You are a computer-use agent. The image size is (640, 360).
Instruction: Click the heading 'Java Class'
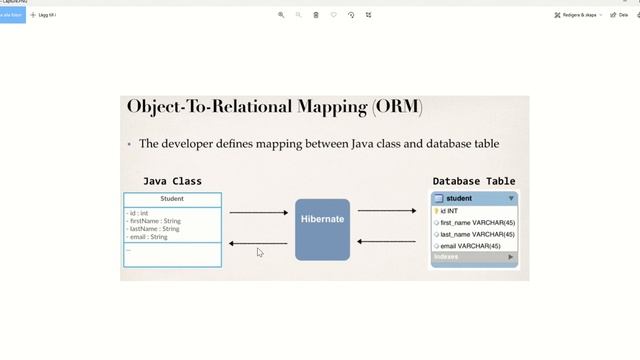point(172,181)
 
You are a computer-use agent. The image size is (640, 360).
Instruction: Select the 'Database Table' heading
point(474,181)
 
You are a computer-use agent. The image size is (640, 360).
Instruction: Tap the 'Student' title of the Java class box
point(172,199)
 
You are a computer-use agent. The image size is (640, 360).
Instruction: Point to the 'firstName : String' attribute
point(154,221)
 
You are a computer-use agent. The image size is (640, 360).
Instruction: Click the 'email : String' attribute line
point(147,237)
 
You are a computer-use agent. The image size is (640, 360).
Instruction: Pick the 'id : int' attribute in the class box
point(138,213)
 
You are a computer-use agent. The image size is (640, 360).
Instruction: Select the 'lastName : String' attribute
point(154,229)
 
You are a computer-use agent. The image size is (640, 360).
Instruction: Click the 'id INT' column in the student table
point(450,211)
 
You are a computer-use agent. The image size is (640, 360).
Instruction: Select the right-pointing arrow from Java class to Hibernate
point(258,212)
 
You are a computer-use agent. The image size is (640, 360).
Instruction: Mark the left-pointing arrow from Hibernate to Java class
point(258,243)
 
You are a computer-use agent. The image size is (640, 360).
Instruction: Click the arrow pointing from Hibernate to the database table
point(387,211)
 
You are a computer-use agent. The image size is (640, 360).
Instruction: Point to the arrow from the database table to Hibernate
point(387,241)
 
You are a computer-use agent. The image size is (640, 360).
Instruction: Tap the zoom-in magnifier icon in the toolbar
point(281,15)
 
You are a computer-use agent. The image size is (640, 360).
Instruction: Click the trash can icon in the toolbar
point(316,15)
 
